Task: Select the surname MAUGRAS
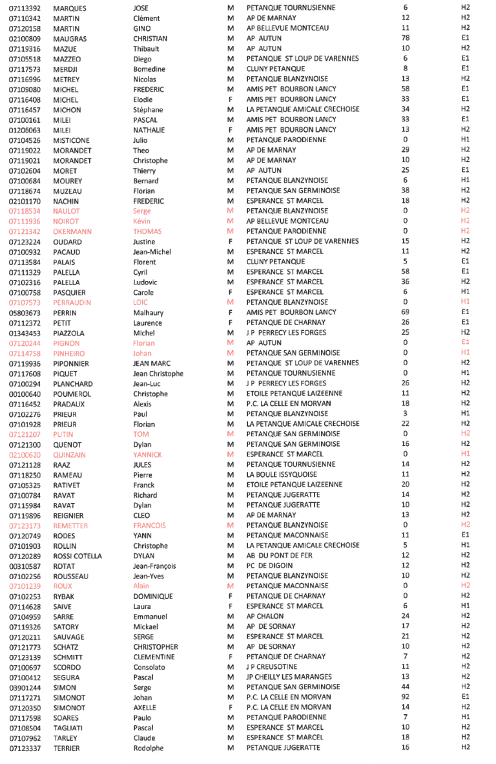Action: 68,39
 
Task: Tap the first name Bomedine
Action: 149,69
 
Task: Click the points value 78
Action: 405,39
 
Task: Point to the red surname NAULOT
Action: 67,211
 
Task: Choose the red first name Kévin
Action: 143,221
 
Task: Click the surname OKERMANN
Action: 72,231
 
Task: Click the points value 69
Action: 405,312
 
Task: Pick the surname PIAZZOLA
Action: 70,333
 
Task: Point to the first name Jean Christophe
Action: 158,374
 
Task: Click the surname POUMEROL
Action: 72,394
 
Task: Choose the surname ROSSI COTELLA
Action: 77,556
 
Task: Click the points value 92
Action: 405,697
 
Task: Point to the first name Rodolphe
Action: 149,748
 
